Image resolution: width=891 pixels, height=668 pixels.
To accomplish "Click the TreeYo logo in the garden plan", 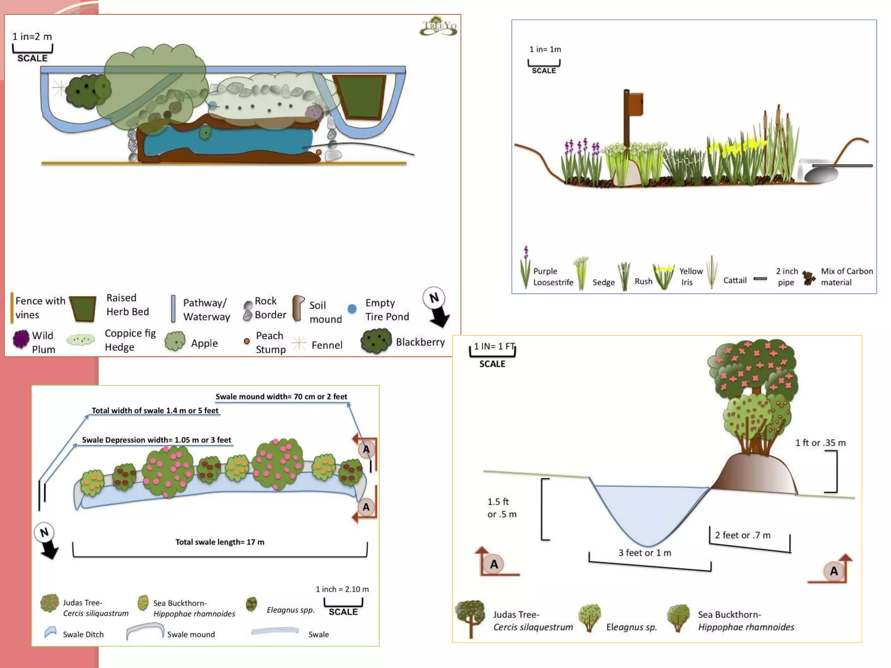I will click(439, 27).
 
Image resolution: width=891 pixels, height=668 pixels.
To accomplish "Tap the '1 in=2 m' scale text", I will click(32, 37).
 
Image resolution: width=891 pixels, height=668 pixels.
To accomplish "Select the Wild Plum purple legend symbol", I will click(20, 339).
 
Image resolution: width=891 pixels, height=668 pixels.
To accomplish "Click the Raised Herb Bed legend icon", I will click(83, 308).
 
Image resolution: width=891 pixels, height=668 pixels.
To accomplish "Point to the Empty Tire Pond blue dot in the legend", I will click(352, 309).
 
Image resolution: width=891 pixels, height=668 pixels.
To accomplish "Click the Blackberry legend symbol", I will click(376, 341).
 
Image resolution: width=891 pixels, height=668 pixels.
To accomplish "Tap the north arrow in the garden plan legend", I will click(436, 307).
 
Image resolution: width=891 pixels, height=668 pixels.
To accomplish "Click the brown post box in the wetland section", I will click(634, 104).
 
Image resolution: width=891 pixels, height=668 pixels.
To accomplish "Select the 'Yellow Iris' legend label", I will click(690, 277).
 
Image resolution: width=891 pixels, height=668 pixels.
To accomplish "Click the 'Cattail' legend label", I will click(735, 281).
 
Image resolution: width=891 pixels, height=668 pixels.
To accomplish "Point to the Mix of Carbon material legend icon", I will click(809, 277).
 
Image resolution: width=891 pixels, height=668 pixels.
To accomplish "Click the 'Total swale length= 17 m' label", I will click(220, 542).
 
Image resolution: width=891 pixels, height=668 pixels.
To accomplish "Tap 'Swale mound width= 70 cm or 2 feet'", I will click(281, 397).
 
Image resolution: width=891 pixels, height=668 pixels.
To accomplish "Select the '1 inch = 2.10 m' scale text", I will click(342, 589).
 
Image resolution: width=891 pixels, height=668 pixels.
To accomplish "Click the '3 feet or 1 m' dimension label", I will click(645, 553).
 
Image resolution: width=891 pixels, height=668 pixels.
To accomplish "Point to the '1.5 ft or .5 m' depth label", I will click(502, 508).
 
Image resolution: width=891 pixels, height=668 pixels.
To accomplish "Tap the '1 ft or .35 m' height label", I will click(821, 443).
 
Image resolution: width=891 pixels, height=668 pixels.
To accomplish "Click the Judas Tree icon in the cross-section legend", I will click(470, 618).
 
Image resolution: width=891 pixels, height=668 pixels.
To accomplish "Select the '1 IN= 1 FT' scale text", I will click(494, 347).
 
